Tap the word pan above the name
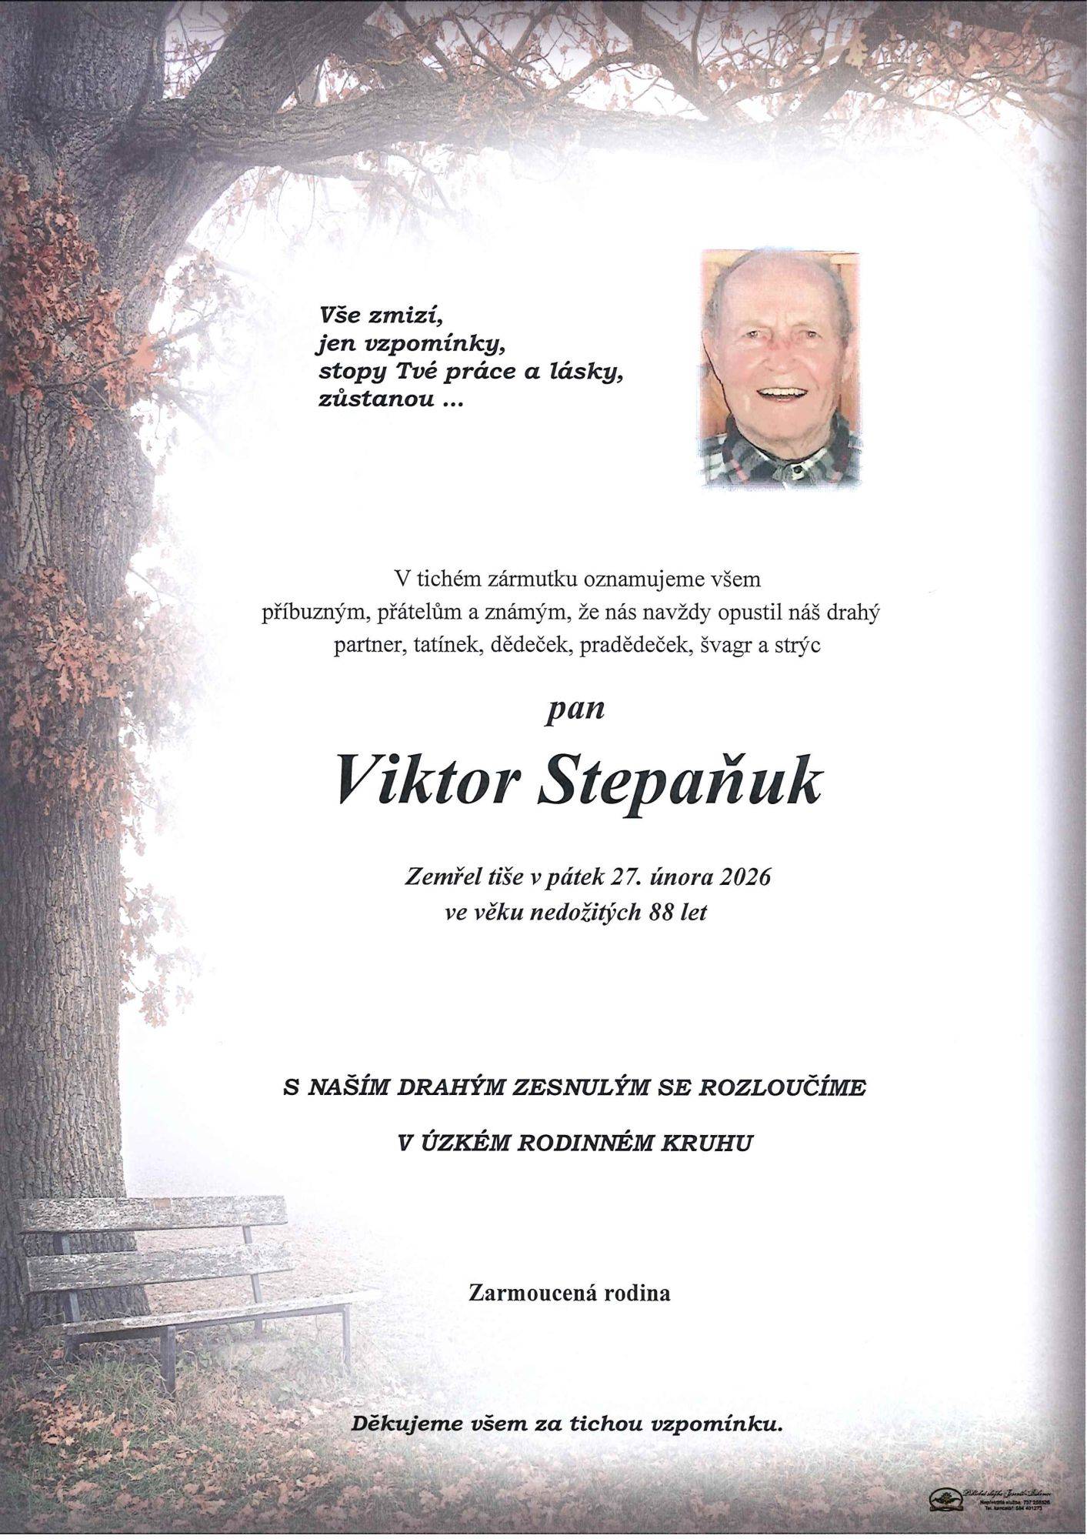(574, 709)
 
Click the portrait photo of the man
(779, 368)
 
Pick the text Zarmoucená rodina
(569, 1294)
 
